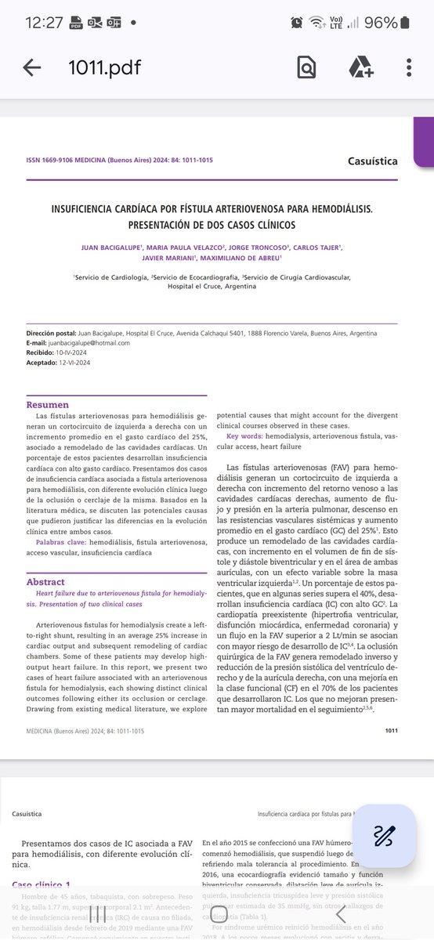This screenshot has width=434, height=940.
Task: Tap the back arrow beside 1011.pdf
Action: [x=32, y=67]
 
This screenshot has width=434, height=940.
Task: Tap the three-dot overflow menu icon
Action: [x=409, y=67]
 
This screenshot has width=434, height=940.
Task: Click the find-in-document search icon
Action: [x=306, y=67]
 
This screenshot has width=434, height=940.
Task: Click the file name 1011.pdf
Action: [x=104, y=67]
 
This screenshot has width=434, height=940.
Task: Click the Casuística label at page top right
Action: [x=372, y=161]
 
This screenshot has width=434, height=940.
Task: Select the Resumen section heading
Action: [x=48, y=405]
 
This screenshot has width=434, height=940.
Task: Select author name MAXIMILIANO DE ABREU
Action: [x=240, y=258]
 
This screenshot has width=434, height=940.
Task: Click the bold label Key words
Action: [x=244, y=435]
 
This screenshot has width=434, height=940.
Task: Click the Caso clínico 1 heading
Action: [x=47, y=884]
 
